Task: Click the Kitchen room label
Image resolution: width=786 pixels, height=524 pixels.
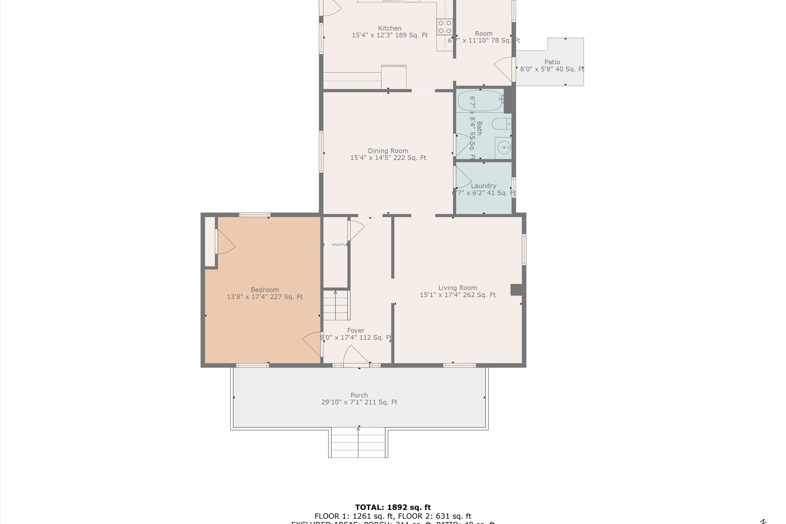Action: point(390,28)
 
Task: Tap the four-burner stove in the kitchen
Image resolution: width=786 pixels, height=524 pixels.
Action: point(445,27)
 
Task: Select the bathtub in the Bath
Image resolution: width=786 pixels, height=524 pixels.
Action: point(480,100)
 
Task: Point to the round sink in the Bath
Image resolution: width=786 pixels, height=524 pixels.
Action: point(503,147)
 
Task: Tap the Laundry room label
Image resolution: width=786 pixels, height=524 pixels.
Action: point(484,186)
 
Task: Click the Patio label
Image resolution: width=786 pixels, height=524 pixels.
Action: point(552,62)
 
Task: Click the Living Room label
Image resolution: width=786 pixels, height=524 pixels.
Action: point(457,288)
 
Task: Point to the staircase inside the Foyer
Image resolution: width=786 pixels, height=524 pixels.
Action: point(336,305)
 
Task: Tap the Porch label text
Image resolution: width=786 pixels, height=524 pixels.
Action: point(359,395)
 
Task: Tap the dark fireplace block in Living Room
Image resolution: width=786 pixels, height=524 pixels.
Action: point(516,290)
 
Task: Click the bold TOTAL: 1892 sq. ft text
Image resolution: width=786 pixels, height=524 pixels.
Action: point(393,507)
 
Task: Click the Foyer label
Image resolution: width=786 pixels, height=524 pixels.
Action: point(356,330)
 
